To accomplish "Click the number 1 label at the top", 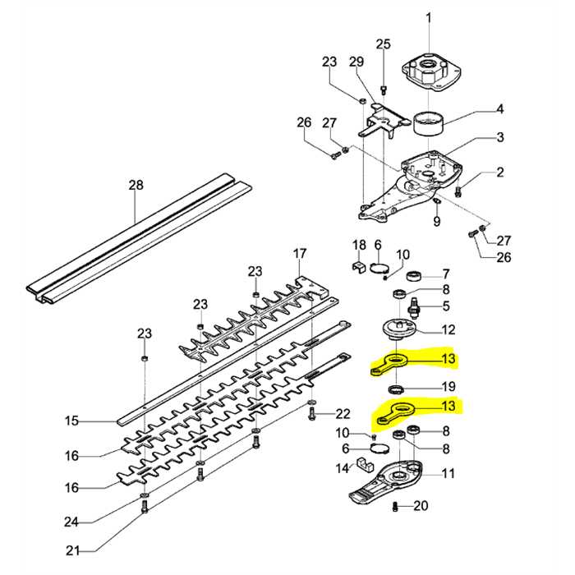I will tap(425, 17).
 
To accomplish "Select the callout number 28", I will tap(136, 186).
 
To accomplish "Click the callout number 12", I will tap(448, 331).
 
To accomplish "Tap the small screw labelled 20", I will tap(397, 507).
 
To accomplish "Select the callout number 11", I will tap(448, 473).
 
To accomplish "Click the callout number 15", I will tap(72, 421).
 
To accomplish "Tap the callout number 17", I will tap(300, 253).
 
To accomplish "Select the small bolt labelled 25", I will tap(383, 89).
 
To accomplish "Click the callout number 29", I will tap(356, 62).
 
